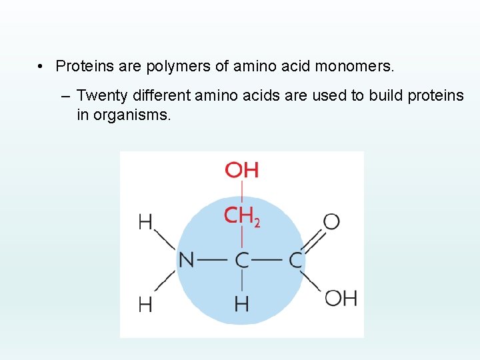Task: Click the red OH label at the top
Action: [x=241, y=170]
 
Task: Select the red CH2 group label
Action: [x=241, y=216]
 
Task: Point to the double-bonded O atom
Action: [x=331, y=221]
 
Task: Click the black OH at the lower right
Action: [x=341, y=298]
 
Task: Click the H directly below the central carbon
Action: [x=241, y=305]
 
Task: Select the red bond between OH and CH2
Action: [x=241, y=192]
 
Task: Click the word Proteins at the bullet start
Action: [x=81, y=67]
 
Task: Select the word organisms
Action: [x=133, y=115]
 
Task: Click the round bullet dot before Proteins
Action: [x=41, y=67]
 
